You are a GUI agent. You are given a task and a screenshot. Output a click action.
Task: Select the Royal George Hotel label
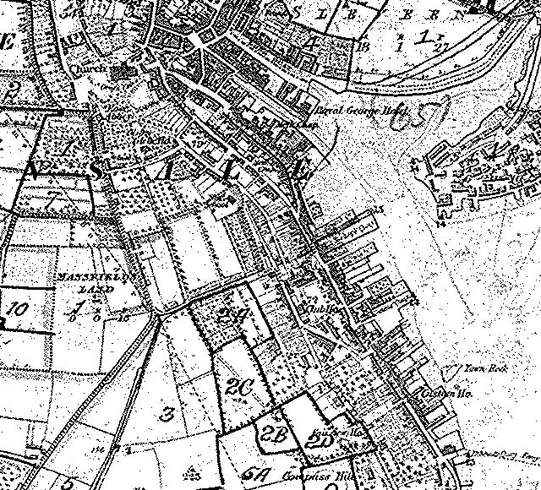coord(346,109)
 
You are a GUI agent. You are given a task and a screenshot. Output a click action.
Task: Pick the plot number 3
coord(167,414)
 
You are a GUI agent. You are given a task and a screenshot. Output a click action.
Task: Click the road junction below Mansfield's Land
coord(159,315)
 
